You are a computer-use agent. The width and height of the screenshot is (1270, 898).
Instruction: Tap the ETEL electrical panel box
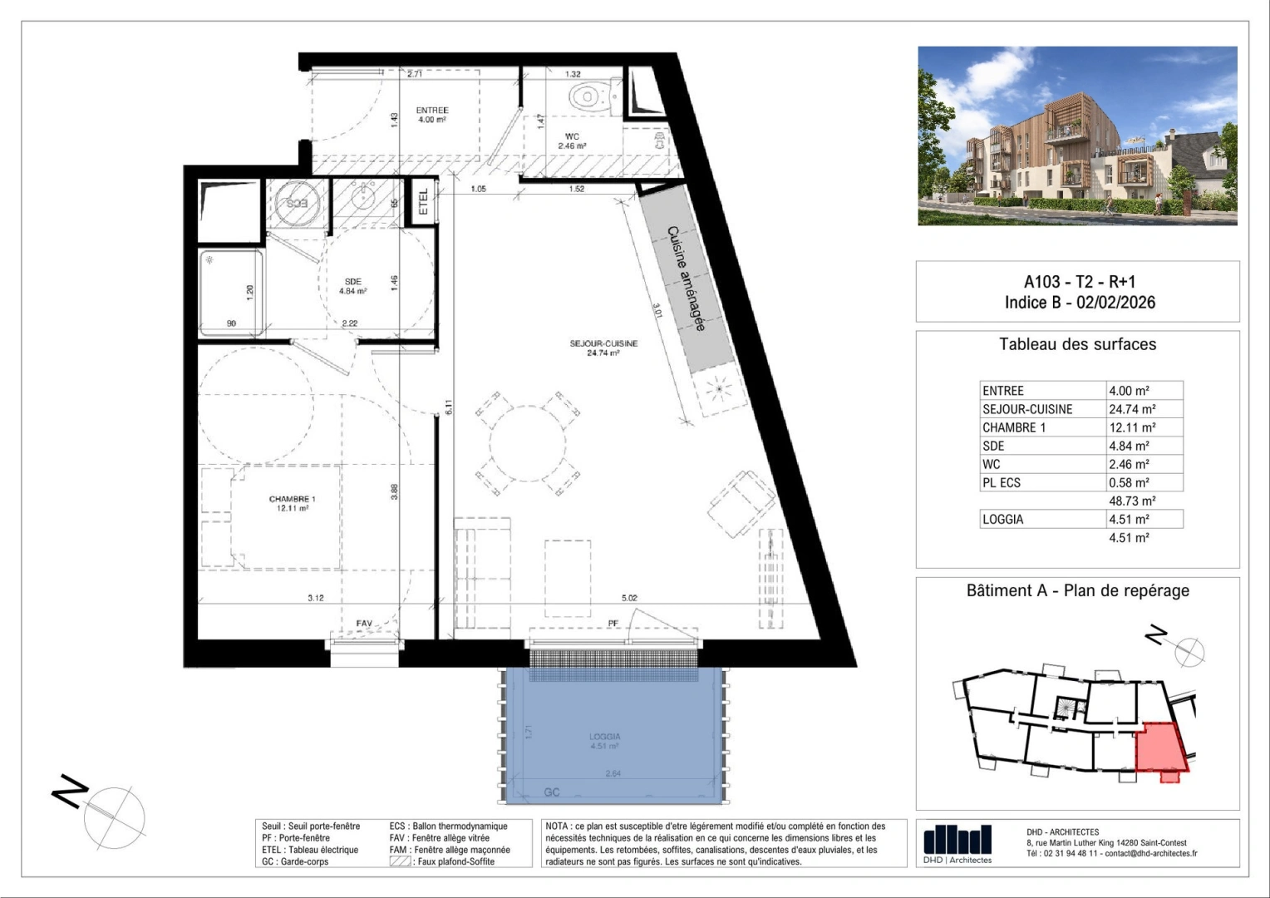point(423,201)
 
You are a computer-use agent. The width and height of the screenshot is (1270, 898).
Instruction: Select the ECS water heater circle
point(297,203)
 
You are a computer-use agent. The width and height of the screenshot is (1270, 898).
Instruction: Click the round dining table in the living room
point(527,442)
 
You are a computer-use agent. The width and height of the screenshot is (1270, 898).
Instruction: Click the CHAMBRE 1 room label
point(292,503)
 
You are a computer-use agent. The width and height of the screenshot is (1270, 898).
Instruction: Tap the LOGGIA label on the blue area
point(604,741)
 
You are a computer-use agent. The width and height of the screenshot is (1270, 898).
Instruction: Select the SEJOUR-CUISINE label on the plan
point(603,348)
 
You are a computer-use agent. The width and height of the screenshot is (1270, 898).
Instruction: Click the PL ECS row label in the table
point(1002,482)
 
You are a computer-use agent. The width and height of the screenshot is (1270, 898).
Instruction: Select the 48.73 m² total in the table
point(1132,501)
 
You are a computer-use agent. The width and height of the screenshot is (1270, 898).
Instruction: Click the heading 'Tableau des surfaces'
point(1077,344)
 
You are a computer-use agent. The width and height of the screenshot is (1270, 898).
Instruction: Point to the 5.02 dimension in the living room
point(629,598)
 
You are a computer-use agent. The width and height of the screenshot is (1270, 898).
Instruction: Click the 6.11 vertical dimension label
point(448,407)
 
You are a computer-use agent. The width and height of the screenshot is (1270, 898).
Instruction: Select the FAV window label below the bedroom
point(364,624)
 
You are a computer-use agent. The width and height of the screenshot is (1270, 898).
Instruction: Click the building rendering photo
point(1077,136)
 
